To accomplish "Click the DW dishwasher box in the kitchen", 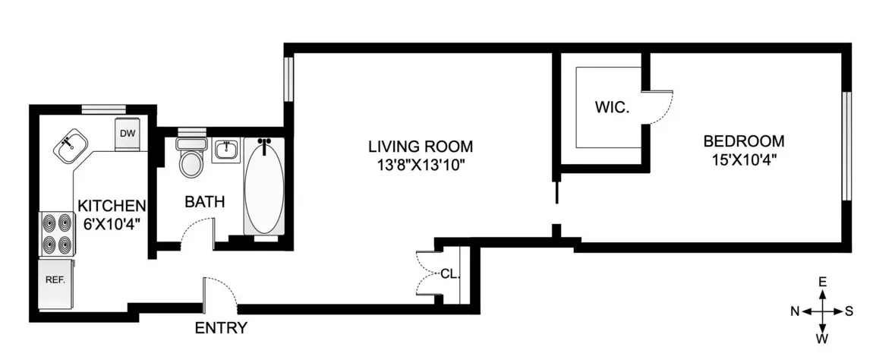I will [x=128, y=134].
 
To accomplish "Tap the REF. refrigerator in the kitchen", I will [x=55, y=281].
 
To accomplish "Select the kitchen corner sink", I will [x=70, y=145].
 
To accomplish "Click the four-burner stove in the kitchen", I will [x=55, y=235].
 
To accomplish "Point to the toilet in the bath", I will [x=190, y=159].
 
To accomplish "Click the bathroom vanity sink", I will [x=225, y=150].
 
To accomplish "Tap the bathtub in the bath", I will [x=263, y=186].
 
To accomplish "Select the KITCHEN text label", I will [x=112, y=205].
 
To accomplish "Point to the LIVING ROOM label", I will [x=420, y=146].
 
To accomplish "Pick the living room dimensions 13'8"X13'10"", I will [x=420, y=165].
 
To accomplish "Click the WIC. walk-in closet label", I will [x=611, y=107].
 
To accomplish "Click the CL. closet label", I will [x=451, y=274].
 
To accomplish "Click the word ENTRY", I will [x=221, y=328].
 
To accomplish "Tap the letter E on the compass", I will [x=822, y=282].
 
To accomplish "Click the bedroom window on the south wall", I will [x=846, y=146].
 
